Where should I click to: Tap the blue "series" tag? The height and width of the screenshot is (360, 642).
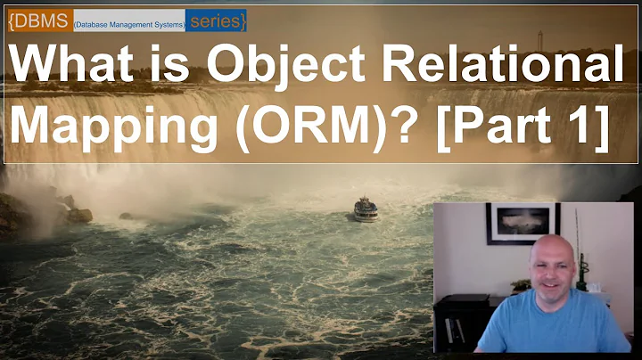tap(215, 20)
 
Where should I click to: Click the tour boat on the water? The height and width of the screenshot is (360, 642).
tap(366, 210)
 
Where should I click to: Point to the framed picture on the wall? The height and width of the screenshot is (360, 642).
tap(523, 223)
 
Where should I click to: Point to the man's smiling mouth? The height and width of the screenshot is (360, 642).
tap(551, 285)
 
